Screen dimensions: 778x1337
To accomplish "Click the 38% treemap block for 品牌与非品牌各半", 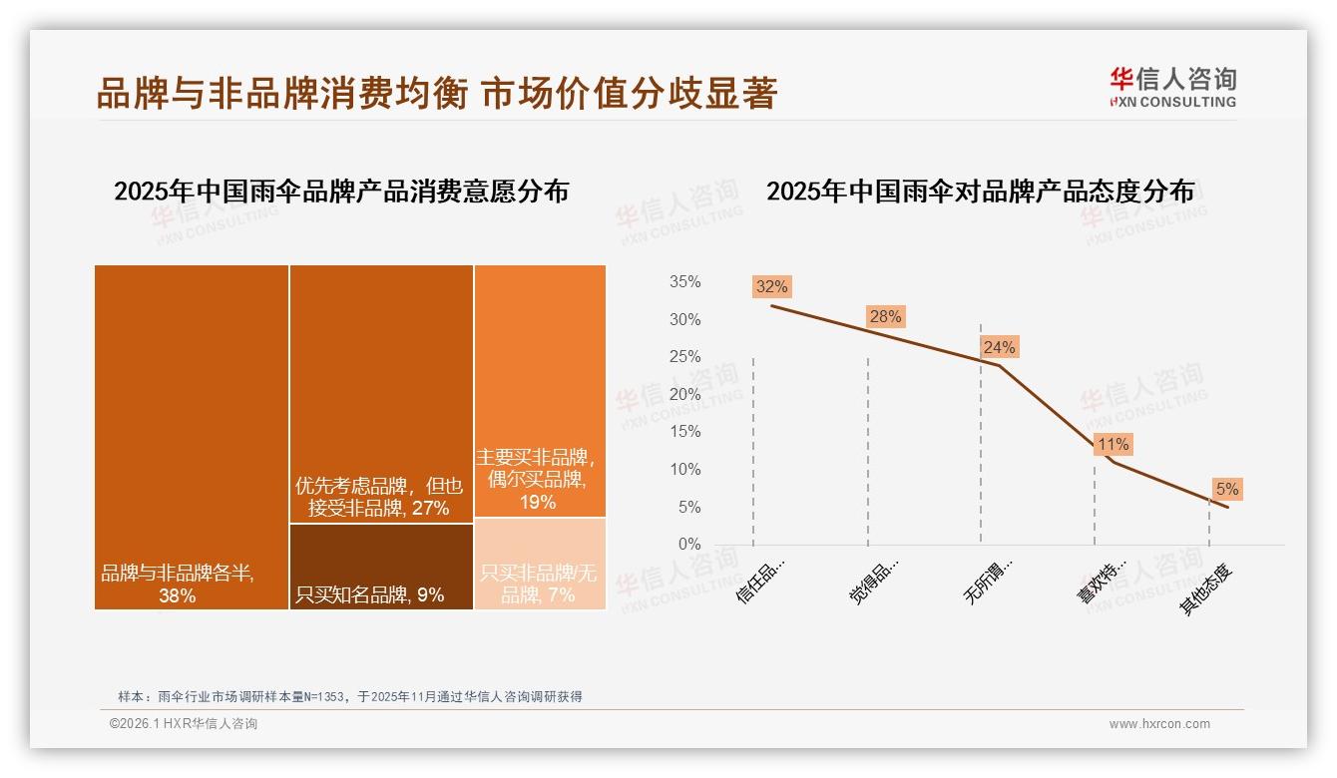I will [x=192, y=437].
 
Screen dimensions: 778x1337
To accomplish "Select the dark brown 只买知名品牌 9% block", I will [x=381, y=567].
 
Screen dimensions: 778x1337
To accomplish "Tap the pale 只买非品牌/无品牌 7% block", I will [x=540, y=564].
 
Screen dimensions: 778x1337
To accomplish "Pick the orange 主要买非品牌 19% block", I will [x=540, y=391].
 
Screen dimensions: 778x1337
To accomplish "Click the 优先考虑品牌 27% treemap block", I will [x=381, y=394].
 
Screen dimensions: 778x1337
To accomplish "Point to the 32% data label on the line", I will [x=771, y=287].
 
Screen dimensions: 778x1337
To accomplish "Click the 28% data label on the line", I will [x=885, y=317].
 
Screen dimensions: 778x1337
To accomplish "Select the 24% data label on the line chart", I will [x=999, y=347].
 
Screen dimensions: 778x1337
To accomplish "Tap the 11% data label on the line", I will [x=1113, y=445].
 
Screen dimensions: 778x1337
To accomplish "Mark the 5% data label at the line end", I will [x=1226, y=489].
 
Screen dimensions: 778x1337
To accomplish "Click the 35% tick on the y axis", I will [x=684, y=282].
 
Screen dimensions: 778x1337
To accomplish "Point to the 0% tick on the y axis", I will [x=689, y=545].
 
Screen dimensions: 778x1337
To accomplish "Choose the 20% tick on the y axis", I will [x=684, y=395].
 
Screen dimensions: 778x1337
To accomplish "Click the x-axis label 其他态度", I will [x=1208, y=588].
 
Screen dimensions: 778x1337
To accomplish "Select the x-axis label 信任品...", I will [x=761, y=581].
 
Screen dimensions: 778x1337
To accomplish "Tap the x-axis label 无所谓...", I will [x=989, y=581].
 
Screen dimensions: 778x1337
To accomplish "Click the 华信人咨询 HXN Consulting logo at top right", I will [x=1172, y=87].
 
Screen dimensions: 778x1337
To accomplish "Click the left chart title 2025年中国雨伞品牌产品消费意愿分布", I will [x=341, y=192].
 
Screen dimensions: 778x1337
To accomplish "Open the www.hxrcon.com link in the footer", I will [x=1159, y=724].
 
